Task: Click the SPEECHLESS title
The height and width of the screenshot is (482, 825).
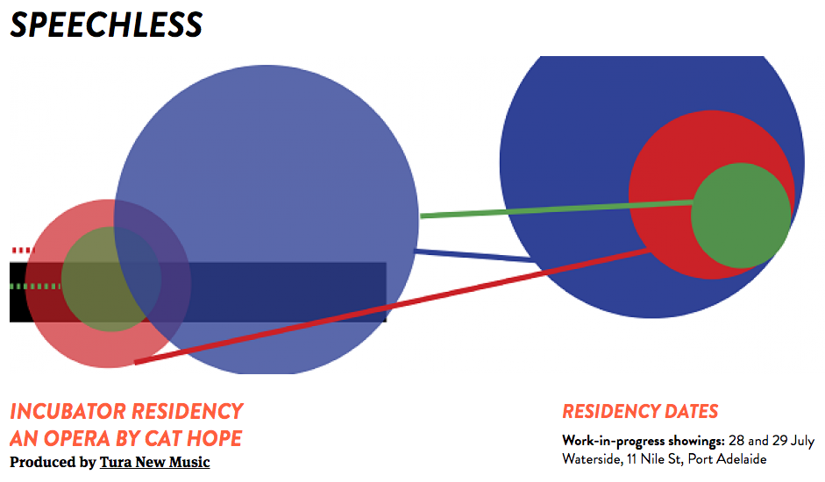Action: tap(106, 25)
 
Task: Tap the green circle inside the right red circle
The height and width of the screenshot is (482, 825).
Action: tap(742, 215)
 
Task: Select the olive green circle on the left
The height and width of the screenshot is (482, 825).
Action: tap(110, 279)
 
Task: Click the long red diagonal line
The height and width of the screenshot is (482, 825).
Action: tap(395, 306)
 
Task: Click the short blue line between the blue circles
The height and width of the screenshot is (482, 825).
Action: tap(473, 256)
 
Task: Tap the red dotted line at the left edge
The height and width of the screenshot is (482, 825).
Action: tap(20, 251)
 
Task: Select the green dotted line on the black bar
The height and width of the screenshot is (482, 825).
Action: tap(35, 287)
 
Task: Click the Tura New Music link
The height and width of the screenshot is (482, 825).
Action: tap(154, 462)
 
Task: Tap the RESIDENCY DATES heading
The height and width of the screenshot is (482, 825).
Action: tap(640, 412)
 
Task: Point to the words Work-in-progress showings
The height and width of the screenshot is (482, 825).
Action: tap(643, 440)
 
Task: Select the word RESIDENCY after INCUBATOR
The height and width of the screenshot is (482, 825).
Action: tap(186, 411)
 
